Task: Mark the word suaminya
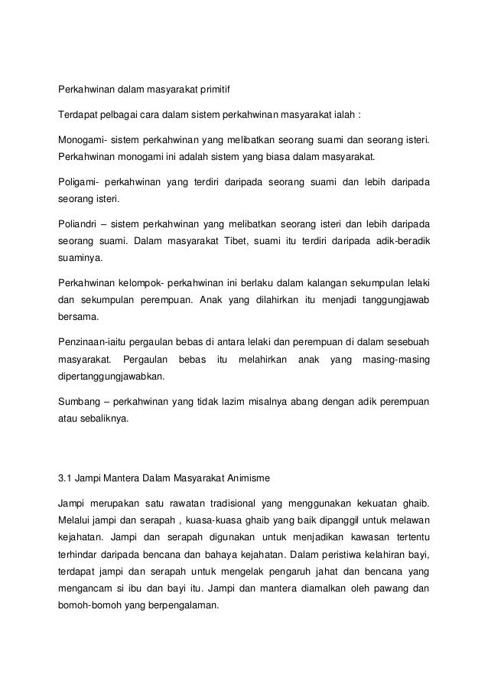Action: pos(80,258)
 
